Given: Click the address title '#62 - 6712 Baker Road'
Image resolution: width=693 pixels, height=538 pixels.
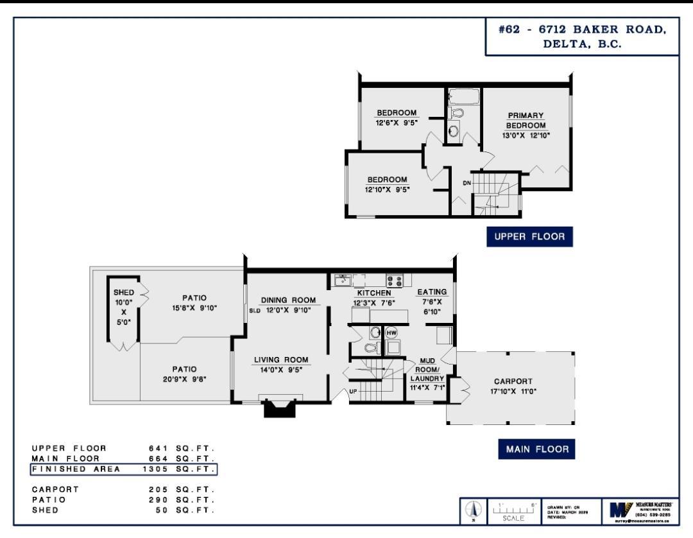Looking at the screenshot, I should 582,30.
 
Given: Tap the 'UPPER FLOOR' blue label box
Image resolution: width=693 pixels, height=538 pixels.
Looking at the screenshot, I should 529,237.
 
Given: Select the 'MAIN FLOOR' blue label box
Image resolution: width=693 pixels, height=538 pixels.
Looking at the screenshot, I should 536,449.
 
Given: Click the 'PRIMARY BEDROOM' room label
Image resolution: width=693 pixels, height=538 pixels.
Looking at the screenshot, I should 526,121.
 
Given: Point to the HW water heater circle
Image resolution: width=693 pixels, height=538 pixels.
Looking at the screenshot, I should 391,333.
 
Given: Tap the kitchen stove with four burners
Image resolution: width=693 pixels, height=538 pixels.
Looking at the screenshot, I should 395,281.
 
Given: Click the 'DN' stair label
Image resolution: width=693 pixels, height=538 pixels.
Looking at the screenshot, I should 467,183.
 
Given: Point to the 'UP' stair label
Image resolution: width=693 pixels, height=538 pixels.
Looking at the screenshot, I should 353,390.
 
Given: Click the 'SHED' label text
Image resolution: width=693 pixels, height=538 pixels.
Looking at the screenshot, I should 124,293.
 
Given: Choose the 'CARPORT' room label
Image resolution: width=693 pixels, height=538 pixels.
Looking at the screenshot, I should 513,381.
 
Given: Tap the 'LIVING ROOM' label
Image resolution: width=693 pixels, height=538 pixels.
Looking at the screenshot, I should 280,360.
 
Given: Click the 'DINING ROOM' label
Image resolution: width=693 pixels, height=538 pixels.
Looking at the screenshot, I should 288,300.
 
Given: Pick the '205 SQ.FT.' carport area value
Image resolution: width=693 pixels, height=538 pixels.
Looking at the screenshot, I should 180,489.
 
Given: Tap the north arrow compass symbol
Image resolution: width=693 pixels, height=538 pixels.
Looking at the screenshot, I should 474,511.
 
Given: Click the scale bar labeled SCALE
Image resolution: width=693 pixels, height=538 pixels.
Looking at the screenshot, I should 513,511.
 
